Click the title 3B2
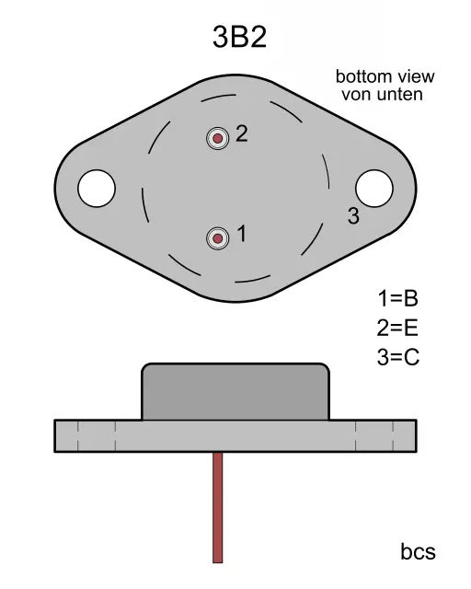(x=239, y=37)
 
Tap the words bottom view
(x=385, y=76)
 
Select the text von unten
(x=383, y=94)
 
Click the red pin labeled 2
(x=217, y=139)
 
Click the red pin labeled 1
(x=217, y=238)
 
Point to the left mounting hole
(x=97, y=188)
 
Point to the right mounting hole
(x=374, y=188)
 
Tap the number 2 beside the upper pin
(x=242, y=133)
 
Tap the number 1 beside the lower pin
(x=242, y=233)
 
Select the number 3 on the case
(x=353, y=215)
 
